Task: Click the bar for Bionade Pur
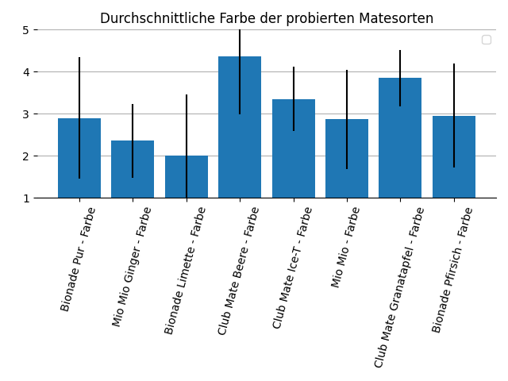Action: click(79, 158)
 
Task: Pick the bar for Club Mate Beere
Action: click(240, 127)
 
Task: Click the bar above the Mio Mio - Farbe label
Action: click(347, 159)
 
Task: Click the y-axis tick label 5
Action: click(25, 30)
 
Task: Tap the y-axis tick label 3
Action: click(25, 114)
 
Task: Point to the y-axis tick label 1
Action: click(25, 198)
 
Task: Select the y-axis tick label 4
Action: click(25, 72)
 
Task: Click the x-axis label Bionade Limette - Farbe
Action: click(185, 271)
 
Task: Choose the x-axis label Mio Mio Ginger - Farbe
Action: click(132, 267)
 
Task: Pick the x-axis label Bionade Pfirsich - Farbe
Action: click(453, 270)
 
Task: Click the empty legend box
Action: click(486, 40)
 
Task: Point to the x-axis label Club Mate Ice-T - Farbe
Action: click(293, 267)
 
